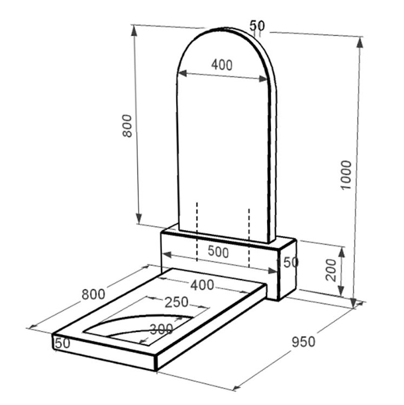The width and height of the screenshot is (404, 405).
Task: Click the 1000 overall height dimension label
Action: [346, 175]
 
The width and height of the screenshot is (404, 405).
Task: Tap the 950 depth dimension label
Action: [303, 342]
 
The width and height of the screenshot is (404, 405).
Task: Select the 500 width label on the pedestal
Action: [218, 252]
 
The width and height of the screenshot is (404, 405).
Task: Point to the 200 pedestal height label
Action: [331, 270]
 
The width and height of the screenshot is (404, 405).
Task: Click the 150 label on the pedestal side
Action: [288, 262]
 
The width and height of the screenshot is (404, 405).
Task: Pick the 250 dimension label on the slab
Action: [176, 302]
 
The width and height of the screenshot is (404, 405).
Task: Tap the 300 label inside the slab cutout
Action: [161, 329]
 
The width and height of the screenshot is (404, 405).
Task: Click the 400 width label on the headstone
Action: [222, 65]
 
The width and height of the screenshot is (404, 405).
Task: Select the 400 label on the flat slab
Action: [202, 285]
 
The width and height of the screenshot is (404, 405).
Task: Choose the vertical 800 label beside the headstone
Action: [127, 126]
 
